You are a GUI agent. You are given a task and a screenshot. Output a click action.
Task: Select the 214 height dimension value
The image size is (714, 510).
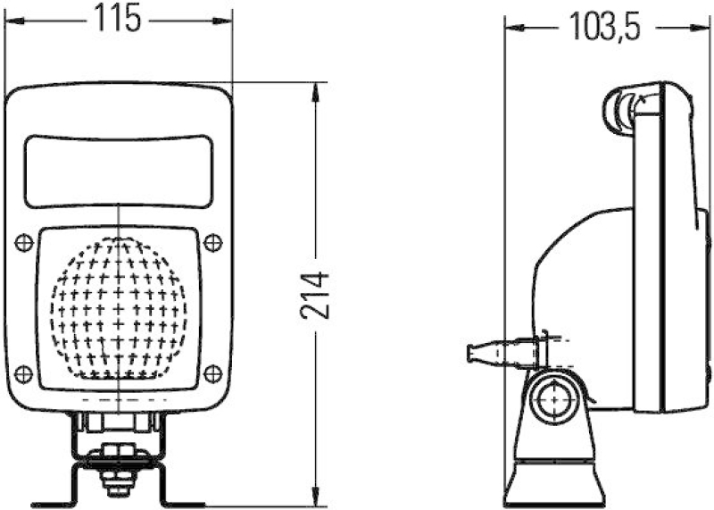coord(314,295)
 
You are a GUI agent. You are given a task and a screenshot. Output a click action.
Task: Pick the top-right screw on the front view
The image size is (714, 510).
coord(212,240)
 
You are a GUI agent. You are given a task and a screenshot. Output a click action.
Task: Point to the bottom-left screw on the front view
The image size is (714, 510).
coord(25,372)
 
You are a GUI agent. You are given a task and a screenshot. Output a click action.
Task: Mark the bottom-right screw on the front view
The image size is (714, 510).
coord(212,372)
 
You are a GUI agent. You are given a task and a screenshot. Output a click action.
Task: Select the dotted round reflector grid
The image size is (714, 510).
coord(119,308)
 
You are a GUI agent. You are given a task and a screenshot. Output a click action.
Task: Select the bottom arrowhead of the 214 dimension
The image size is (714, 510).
coord(316,500)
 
